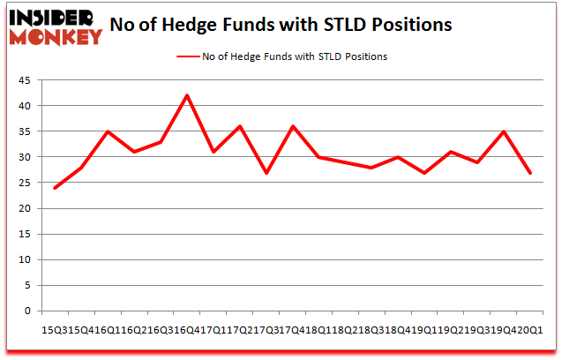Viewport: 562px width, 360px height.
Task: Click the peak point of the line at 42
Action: coord(187,95)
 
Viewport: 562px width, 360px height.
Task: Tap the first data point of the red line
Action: coord(55,188)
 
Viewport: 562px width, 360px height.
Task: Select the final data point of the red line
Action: coord(530,173)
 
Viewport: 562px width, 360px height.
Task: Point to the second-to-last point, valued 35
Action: coord(504,131)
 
